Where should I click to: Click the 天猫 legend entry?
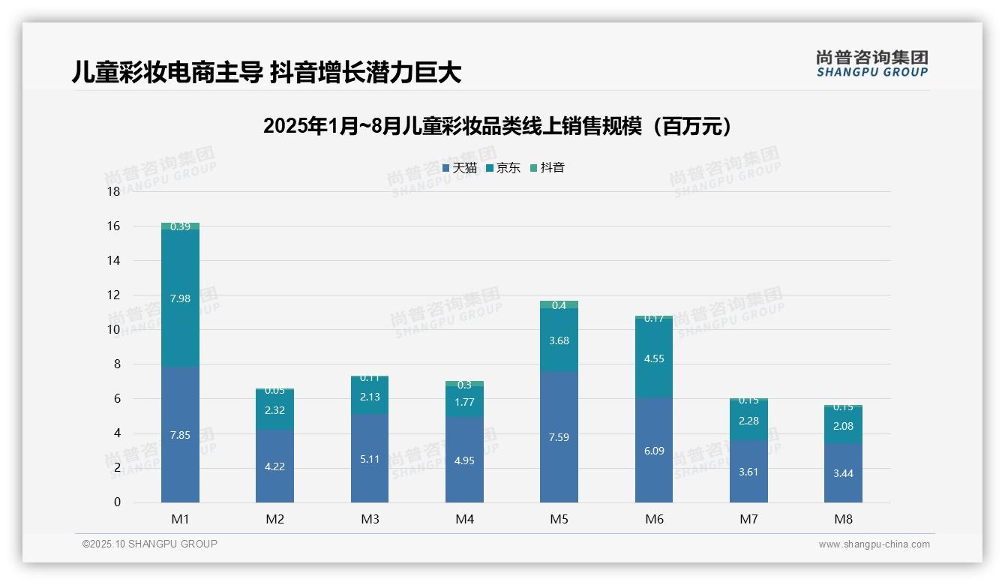click(x=460, y=168)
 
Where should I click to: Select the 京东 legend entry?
click(x=503, y=168)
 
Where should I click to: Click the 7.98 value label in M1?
click(x=180, y=298)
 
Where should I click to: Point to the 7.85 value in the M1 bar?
click(x=180, y=435)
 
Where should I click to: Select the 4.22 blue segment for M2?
click(x=274, y=466)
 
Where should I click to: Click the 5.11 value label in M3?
click(x=369, y=459)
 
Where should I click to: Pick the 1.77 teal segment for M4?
click(x=464, y=402)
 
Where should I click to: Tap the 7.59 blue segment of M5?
click(x=559, y=437)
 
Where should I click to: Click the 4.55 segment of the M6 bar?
click(x=654, y=358)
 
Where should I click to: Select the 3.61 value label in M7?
click(x=748, y=472)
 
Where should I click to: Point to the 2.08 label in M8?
click(x=843, y=426)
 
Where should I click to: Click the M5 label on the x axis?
click(x=559, y=520)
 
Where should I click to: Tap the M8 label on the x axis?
click(x=843, y=520)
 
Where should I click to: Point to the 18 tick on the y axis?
click(x=113, y=192)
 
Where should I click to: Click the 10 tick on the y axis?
click(x=113, y=330)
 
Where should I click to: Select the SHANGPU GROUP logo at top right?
click(x=871, y=64)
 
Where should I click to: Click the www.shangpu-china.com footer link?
click(x=874, y=544)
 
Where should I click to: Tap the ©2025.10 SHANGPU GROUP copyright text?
click(x=149, y=544)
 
